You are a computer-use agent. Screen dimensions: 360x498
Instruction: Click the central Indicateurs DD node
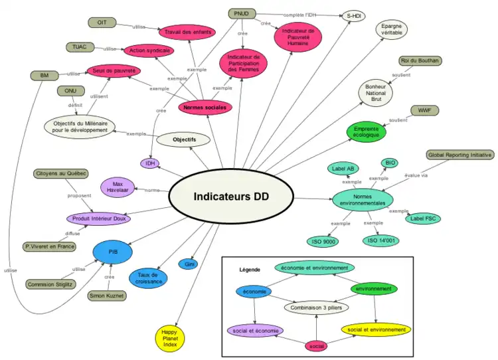[231, 197]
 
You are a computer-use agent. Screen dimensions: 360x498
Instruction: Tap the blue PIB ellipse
[113, 252]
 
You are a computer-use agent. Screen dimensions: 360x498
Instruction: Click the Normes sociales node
[206, 106]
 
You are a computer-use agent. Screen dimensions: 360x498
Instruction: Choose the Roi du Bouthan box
[420, 61]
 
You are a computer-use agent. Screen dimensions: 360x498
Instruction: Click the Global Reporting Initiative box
[459, 155]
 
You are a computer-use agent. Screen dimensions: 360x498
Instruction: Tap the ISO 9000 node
[325, 241]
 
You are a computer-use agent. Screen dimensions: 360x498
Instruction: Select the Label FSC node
[423, 218]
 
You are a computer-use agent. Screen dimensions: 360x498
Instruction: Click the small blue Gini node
[189, 264]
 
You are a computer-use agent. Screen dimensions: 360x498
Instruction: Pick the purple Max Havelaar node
[118, 187]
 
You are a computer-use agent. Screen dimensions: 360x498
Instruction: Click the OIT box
[102, 23]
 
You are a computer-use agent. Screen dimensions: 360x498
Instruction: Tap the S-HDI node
[353, 15]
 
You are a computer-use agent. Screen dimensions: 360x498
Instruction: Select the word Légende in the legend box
[250, 270]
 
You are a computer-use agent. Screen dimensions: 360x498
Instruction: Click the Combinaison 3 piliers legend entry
[316, 308]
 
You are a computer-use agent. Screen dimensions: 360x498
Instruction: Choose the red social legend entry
[316, 346]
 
